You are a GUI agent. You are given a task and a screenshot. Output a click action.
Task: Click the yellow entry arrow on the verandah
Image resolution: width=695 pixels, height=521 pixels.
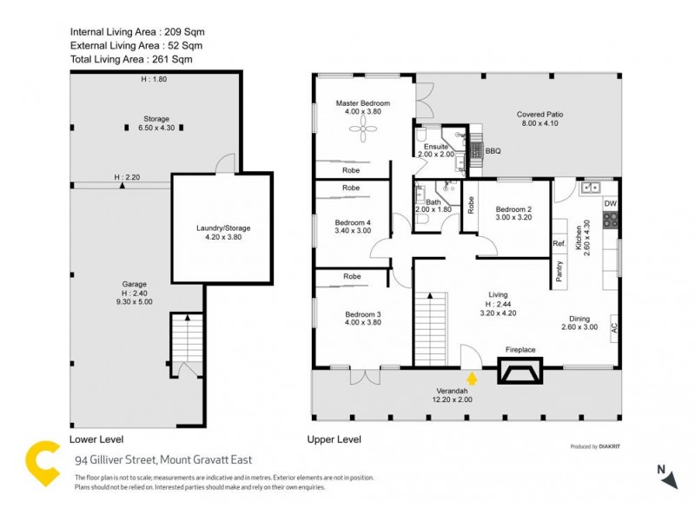[472, 378]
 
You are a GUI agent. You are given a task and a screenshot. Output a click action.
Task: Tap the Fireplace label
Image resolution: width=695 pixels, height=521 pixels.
[520, 350]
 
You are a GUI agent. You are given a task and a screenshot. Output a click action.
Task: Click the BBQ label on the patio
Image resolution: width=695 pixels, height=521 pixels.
[493, 150]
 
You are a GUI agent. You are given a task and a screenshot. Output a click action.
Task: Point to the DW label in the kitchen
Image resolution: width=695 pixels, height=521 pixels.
[610, 203]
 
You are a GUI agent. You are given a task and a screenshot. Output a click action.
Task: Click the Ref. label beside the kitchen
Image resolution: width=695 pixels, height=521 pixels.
[559, 245]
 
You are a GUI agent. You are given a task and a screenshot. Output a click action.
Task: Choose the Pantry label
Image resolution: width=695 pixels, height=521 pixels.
[559, 271]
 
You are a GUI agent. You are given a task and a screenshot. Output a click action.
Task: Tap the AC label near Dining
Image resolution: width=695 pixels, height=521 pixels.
[614, 327]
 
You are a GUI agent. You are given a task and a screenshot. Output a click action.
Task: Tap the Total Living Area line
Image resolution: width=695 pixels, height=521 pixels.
[130, 59]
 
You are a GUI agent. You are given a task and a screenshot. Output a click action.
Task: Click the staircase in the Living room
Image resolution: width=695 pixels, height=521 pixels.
[430, 329]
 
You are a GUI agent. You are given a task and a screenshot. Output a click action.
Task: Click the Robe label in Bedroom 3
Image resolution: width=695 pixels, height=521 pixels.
[351, 276]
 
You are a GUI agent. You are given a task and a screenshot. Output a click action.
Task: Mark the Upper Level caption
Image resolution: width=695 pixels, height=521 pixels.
[334, 440]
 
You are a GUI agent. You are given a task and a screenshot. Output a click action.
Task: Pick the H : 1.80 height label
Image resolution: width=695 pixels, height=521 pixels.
[154, 80]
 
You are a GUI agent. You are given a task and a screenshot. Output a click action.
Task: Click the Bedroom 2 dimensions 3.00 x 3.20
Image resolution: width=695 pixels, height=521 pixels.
[513, 218]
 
